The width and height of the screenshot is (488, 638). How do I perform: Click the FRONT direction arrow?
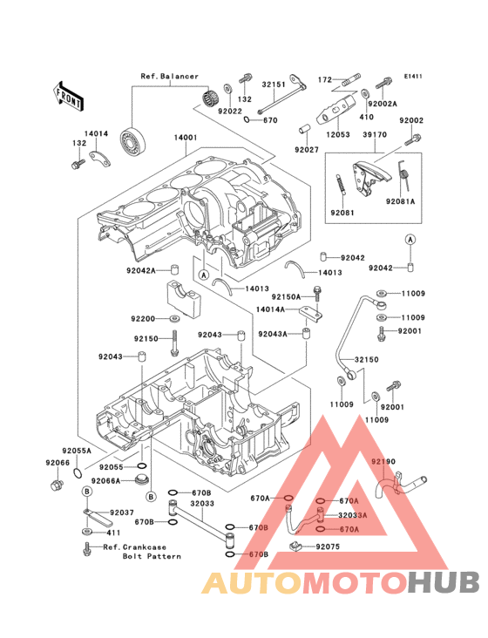[x=68, y=97]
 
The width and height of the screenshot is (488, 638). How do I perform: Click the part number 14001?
[x=186, y=138]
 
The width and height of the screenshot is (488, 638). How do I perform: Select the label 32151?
[x=274, y=85]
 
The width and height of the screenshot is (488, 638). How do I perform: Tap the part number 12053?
[x=338, y=134]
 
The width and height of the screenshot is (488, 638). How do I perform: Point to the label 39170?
[x=375, y=134]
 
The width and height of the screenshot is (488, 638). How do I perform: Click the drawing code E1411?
[x=413, y=76]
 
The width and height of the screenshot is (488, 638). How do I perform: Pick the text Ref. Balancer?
[x=170, y=76]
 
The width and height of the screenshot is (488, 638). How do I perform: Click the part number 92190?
[x=383, y=461]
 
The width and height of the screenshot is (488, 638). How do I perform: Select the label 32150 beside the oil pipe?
[x=366, y=360]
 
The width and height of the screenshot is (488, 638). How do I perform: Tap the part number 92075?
[x=328, y=546]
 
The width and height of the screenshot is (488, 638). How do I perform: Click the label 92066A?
[x=105, y=481]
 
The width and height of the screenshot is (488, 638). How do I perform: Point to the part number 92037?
[x=122, y=512]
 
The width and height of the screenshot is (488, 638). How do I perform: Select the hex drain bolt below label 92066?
[x=57, y=485]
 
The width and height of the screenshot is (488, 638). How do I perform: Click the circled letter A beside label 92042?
[x=410, y=240]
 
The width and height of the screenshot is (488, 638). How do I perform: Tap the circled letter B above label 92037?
[x=87, y=492]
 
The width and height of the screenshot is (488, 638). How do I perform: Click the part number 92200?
[x=143, y=319]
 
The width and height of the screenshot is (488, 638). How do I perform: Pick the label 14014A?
[x=270, y=309]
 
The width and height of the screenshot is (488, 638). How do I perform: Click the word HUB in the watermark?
[x=444, y=582]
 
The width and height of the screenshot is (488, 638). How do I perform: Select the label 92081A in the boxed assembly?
[x=401, y=201]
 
